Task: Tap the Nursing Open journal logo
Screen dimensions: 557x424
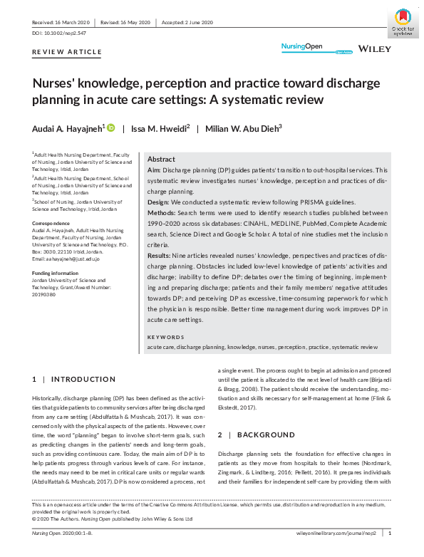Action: point(303,47)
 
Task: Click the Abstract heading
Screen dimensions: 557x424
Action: point(162,160)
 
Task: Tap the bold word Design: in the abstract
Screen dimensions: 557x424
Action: point(160,202)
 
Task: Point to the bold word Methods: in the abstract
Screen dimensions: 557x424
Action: point(162,213)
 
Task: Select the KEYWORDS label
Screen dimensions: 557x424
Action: point(165,337)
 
